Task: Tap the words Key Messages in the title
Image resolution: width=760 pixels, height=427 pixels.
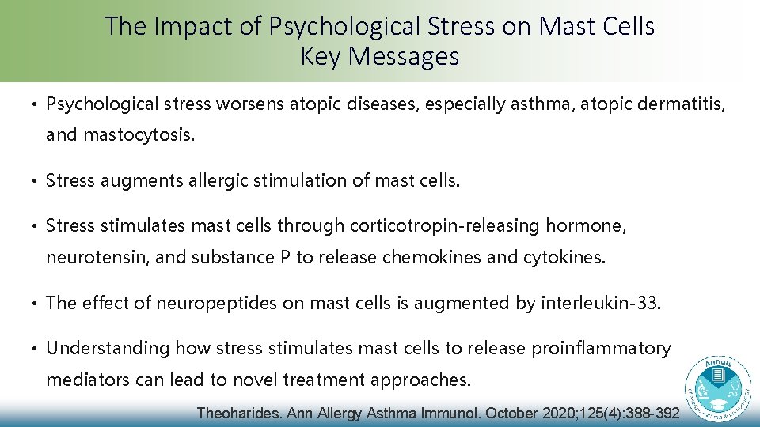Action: [x=380, y=57]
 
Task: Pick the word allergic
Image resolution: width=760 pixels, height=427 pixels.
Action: [x=218, y=181]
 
